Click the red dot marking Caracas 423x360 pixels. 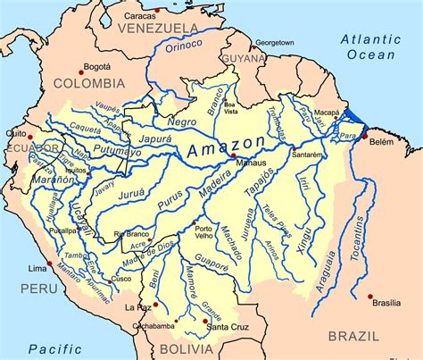(156, 11)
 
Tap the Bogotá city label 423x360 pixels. (95, 66)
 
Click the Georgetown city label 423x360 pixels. (274, 42)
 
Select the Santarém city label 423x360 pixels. (305, 155)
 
